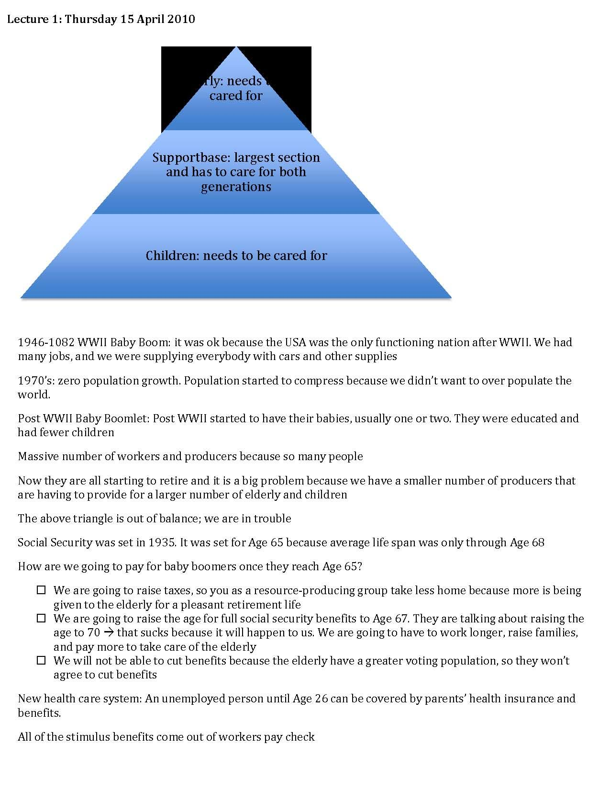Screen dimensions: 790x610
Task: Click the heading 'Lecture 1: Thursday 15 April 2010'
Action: point(101,20)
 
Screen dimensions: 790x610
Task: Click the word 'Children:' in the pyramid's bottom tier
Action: point(173,256)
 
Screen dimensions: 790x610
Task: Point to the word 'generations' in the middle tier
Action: point(236,187)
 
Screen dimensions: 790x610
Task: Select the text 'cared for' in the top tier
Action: point(236,96)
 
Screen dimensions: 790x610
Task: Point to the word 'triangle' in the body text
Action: point(86,519)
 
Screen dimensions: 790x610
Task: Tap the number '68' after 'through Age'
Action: point(538,542)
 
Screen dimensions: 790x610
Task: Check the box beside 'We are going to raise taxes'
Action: point(42,590)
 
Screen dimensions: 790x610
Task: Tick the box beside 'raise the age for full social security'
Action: point(42,619)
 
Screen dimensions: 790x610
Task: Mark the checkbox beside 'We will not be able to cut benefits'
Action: point(42,661)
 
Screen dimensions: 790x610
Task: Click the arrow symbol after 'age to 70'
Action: point(109,633)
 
